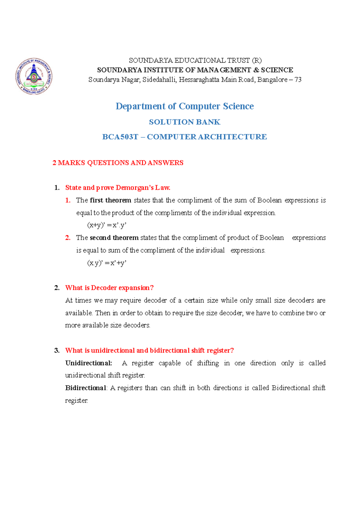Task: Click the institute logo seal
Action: click(34, 76)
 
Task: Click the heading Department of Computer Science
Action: click(184, 106)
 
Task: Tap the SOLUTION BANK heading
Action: click(184, 122)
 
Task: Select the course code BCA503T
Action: click(120, 137)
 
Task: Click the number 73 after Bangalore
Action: click(298, 80)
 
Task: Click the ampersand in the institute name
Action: click(256, 70)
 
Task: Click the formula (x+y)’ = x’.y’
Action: click(106, 225)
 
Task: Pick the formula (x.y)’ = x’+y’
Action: click(106, 263)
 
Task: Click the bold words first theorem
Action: click(110, 200)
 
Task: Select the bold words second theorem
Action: click(114, 238)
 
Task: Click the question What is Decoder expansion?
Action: click(109, 288)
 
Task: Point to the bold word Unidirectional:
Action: click(88, 363)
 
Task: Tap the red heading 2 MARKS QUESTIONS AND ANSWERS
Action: click(118, 163)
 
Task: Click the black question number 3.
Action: click(57, 350)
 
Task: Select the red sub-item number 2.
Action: click(68, 238)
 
